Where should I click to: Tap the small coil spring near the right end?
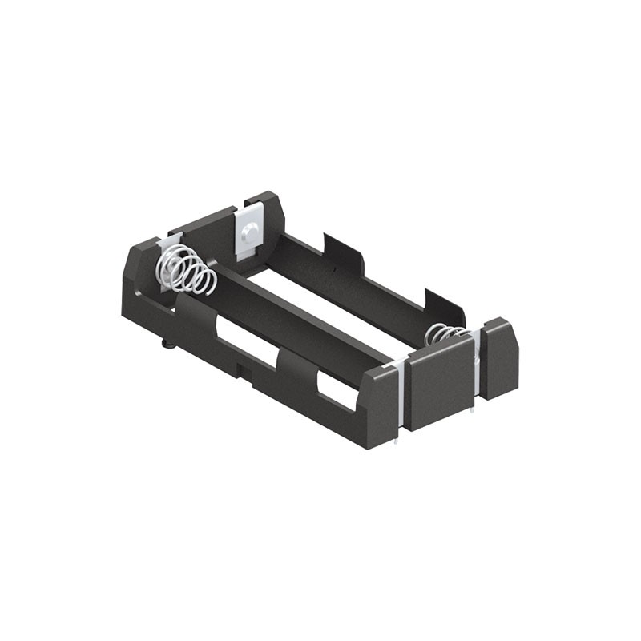click(443, 332)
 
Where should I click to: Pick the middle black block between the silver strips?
click(439, 381)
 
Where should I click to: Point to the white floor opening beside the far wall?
click(337, 300)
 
